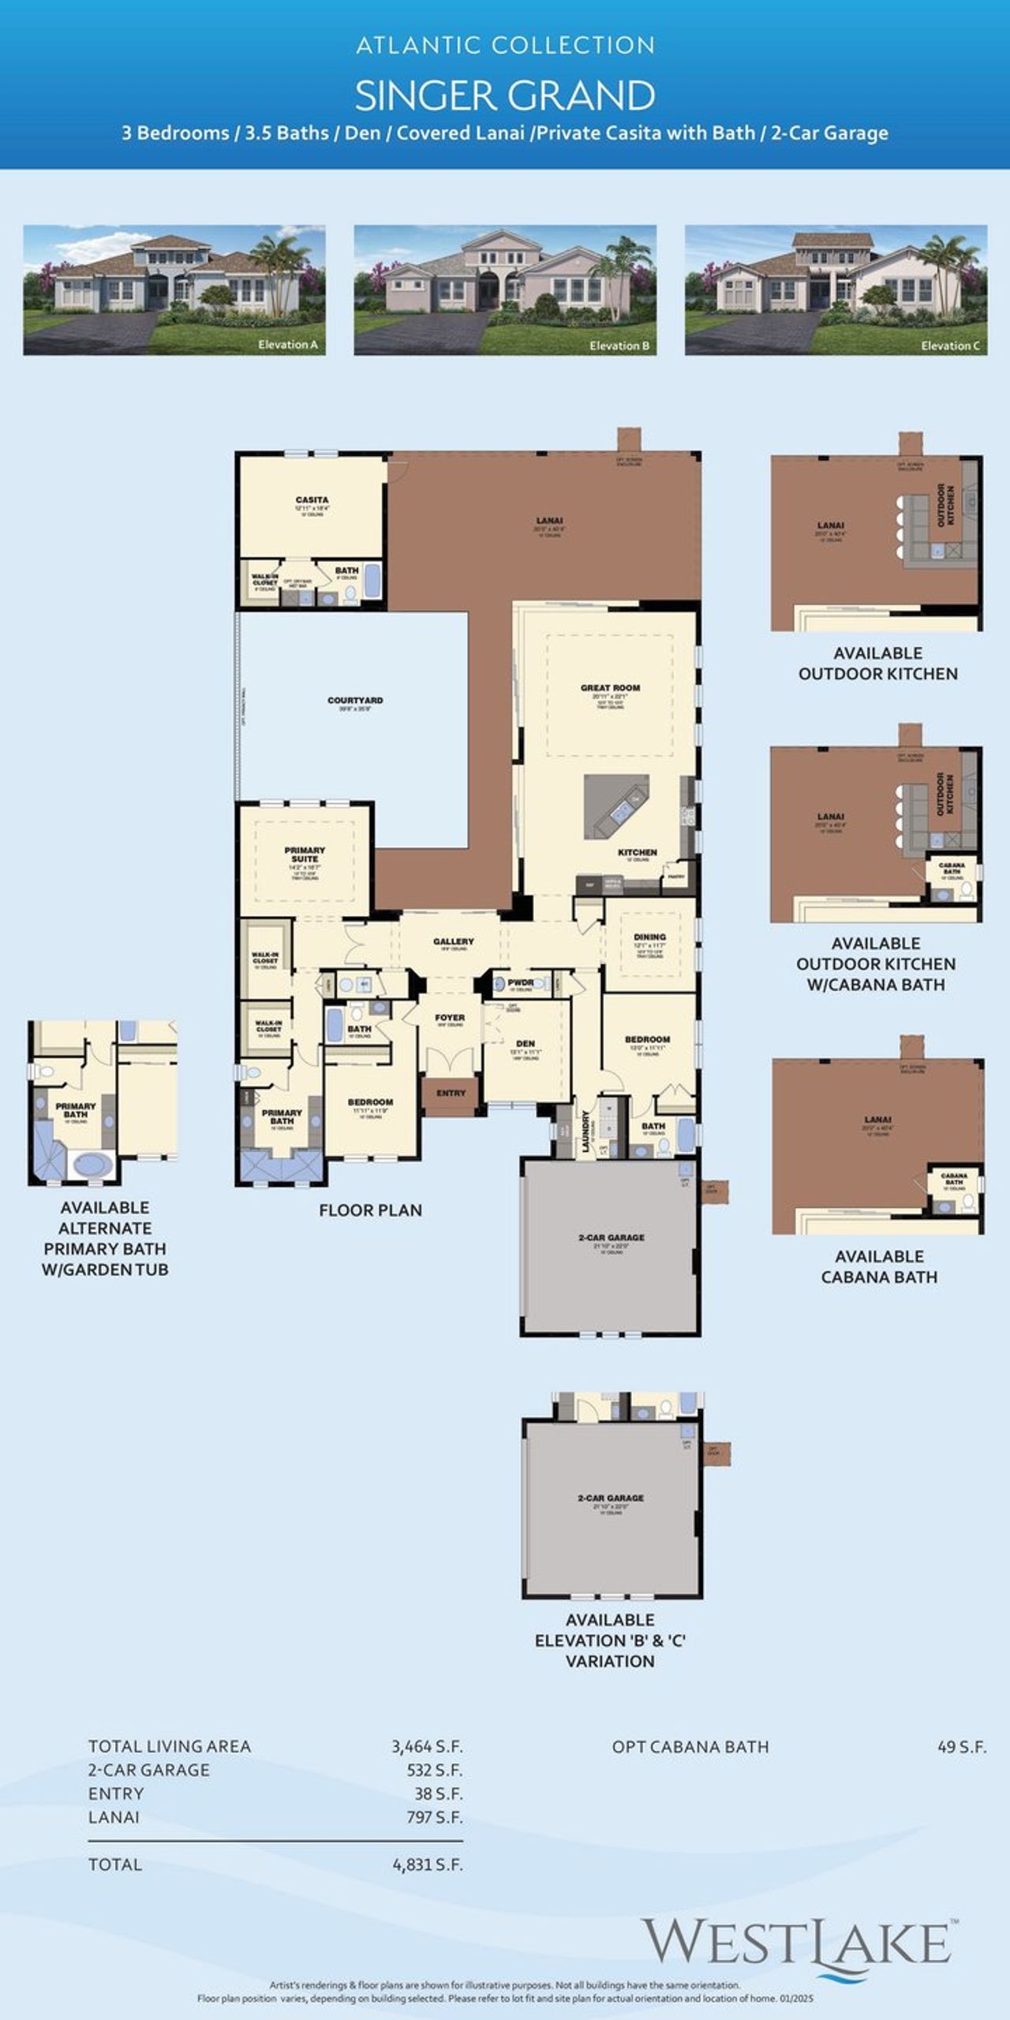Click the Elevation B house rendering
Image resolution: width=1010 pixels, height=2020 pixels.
(x=505, y=290)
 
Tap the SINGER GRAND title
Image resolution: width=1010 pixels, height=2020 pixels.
(x=505, y=95)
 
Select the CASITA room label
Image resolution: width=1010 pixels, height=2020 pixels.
(x=312, y=500)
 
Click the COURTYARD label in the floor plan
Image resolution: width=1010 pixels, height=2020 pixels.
(x=355, y=701)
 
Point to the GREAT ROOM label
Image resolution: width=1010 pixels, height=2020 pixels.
(x=610, y=688)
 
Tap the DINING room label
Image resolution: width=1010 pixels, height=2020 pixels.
(x=649, y=937)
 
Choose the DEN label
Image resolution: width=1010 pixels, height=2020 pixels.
(x=525, y=1043)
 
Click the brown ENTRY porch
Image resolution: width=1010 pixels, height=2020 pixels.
(x=451, y=1094)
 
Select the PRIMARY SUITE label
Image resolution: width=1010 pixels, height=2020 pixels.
(x=305, y=854)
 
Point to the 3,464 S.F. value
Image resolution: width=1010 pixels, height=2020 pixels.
(x=427, y=1747)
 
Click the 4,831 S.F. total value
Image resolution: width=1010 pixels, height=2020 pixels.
(x=427, y=1865)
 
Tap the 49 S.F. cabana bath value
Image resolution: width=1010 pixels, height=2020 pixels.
(x=961, y=1747)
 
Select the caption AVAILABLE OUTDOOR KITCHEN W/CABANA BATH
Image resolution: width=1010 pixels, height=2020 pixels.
(x=876, y=963)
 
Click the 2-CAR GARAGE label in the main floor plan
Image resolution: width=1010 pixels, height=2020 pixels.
(x=611, y=1237)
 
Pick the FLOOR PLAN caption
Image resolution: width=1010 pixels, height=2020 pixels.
(x=370, y=1210)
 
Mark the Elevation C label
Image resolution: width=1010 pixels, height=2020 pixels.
(x=950, y=346)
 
